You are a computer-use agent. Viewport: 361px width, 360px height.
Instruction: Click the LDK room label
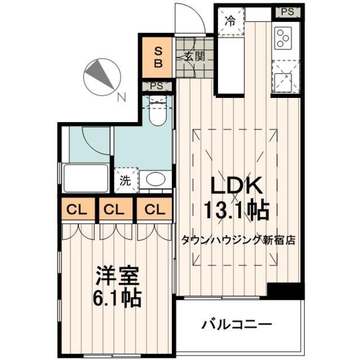[235, 186]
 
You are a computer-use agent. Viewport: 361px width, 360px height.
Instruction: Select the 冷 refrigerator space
[231, 21]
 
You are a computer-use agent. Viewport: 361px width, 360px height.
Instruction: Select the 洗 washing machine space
[125, 181]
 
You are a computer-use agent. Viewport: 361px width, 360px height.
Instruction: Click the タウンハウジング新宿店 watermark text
[238, 239]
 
